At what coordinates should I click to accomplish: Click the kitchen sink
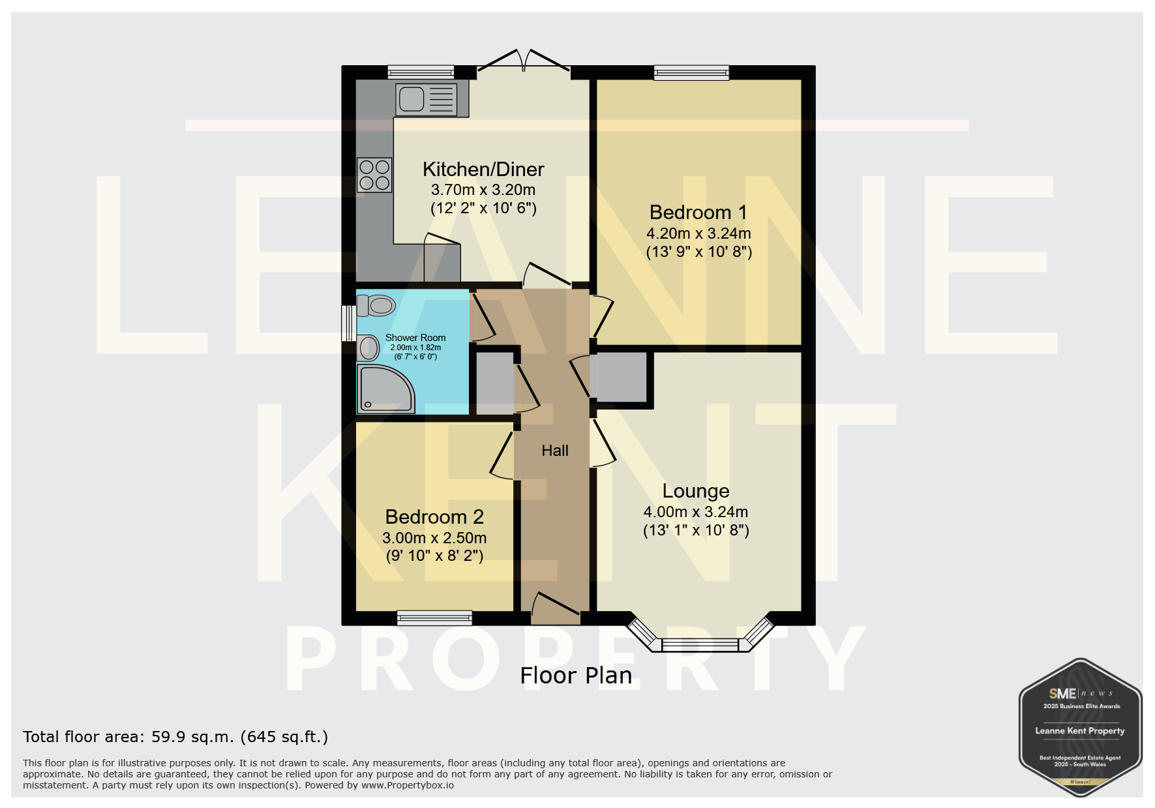tap(431, 100)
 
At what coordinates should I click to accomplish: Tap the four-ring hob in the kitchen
tap(374, 175)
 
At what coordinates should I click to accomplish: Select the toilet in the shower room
tap(376, 305)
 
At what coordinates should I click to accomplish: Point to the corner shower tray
tap(385, 389)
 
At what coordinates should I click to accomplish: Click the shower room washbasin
tap(368, 348)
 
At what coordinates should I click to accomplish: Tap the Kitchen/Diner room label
tap(483, 170)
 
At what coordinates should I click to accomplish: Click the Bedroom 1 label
tap(698, 213)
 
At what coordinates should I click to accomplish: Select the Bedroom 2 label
tap(434, 517)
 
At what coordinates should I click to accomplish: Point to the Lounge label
tap(696, 491)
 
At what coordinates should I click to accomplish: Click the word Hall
tap(555, 451)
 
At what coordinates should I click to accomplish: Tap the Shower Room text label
tap(415, 338)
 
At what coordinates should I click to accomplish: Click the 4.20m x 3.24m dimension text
tap(698, 233)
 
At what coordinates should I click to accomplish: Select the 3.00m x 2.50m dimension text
tap(434, 538)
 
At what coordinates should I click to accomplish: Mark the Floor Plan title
tap(576, 676)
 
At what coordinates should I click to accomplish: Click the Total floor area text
tap(175, 737)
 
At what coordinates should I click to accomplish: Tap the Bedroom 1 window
tap(692, 72)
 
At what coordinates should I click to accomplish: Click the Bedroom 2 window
tap(434, 618)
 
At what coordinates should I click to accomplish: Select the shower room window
tap(349, 323)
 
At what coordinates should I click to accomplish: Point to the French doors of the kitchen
tap(524, 60)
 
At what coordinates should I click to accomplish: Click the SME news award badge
tap(1080, 727)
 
